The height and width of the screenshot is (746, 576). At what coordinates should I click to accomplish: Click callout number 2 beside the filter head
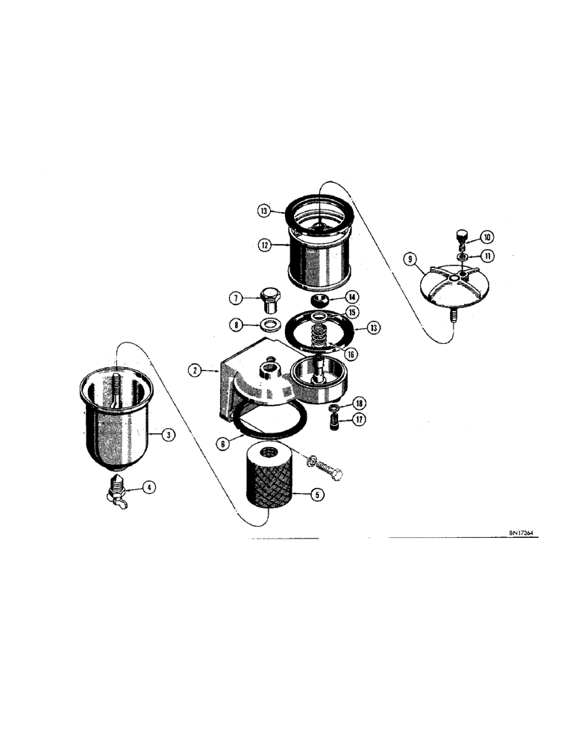tap(194, 369)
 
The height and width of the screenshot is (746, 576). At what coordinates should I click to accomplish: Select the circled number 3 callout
tap(169, 433)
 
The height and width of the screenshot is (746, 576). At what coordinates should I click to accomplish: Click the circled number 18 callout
tap(360, 419)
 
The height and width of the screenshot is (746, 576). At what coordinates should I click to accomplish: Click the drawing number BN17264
tap(359, 403)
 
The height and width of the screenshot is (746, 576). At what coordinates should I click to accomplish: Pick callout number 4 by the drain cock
tap(149, 488)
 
